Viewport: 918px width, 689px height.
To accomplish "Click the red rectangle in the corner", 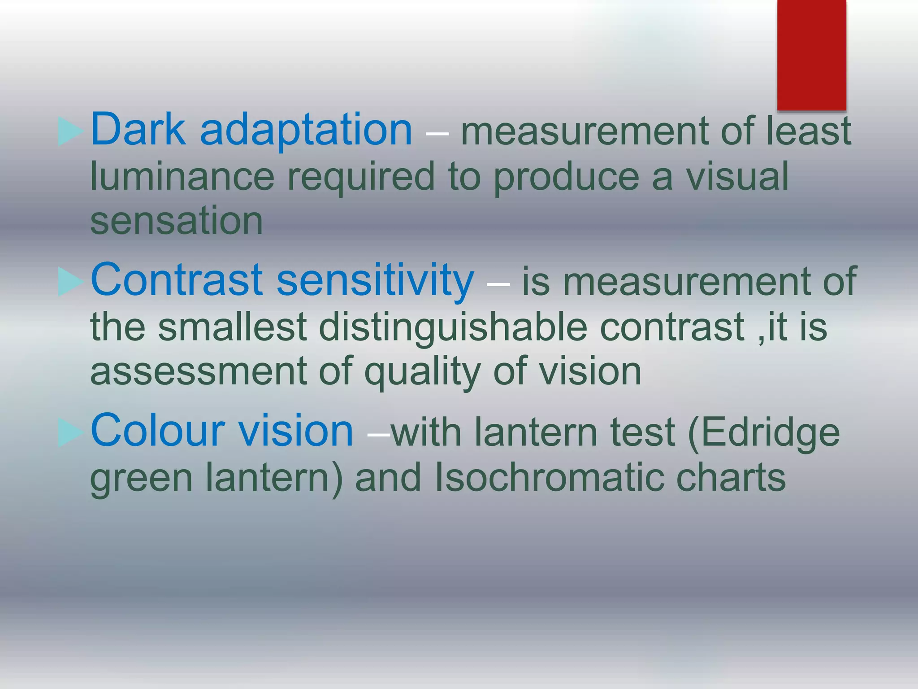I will pos(811,55).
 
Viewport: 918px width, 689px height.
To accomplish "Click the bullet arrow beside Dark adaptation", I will pos(70,132).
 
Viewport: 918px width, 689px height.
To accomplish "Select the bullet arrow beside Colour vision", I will pos(70,433).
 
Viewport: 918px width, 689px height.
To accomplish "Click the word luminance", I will pos(182,176).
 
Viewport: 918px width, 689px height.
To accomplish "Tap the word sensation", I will pos(176,221).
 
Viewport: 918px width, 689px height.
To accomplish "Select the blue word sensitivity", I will pos(375,281).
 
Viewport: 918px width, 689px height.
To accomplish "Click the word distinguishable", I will pos(453,327).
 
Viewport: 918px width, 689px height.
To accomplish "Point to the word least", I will pos(808,131).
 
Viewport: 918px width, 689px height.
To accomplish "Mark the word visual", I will pos(737,176).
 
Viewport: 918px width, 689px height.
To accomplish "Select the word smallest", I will pos(232,327).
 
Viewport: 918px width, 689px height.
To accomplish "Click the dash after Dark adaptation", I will pos(437,133).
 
